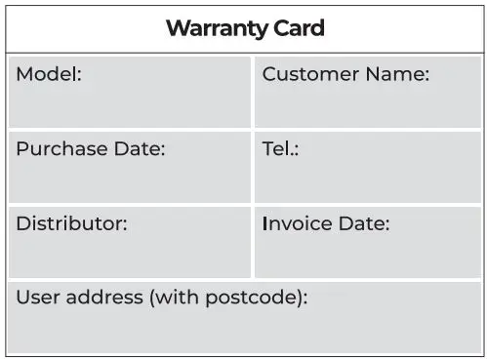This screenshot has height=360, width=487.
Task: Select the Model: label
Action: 49,74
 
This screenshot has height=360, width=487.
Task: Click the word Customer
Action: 308,74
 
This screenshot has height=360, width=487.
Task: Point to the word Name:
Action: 395,74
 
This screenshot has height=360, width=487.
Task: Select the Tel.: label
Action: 280,149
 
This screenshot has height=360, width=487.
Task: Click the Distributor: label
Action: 71,223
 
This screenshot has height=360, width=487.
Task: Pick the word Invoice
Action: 297,223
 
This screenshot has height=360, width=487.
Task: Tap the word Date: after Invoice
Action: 363,223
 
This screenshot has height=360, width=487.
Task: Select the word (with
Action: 175,298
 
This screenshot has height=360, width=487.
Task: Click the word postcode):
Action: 256,298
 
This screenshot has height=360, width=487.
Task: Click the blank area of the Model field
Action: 130,107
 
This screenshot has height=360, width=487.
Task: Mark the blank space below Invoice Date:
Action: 369,256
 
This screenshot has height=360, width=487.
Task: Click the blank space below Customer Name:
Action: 369,107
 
